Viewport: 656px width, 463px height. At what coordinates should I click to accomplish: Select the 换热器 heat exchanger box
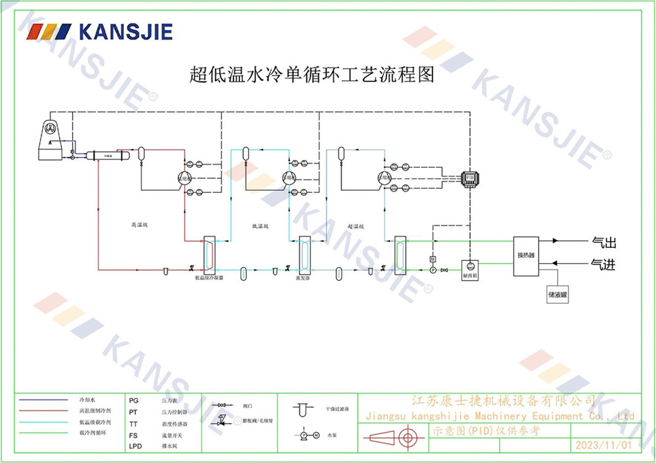525,254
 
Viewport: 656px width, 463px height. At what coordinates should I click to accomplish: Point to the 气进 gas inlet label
604,264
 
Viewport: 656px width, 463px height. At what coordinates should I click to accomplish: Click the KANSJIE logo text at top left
125,31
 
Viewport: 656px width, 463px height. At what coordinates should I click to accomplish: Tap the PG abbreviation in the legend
134,399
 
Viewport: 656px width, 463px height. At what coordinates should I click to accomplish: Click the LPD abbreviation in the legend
135,447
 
